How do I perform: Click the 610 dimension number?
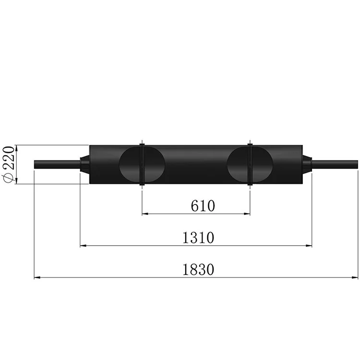(x=203, y=206)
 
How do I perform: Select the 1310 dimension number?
(x=198, y=238)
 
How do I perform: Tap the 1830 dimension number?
(x=198, y=270)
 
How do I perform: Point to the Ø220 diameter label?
(x=8, y=164)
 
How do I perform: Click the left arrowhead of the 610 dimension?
(x=145, y=214)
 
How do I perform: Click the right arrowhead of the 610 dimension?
(x=247, y=214)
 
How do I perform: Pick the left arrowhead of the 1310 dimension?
(x=83, y=246)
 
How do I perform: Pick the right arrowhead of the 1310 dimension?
(x=309, y=246)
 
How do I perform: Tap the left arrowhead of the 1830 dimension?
(x=37, y=277)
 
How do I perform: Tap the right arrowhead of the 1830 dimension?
(x=355, y=277)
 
